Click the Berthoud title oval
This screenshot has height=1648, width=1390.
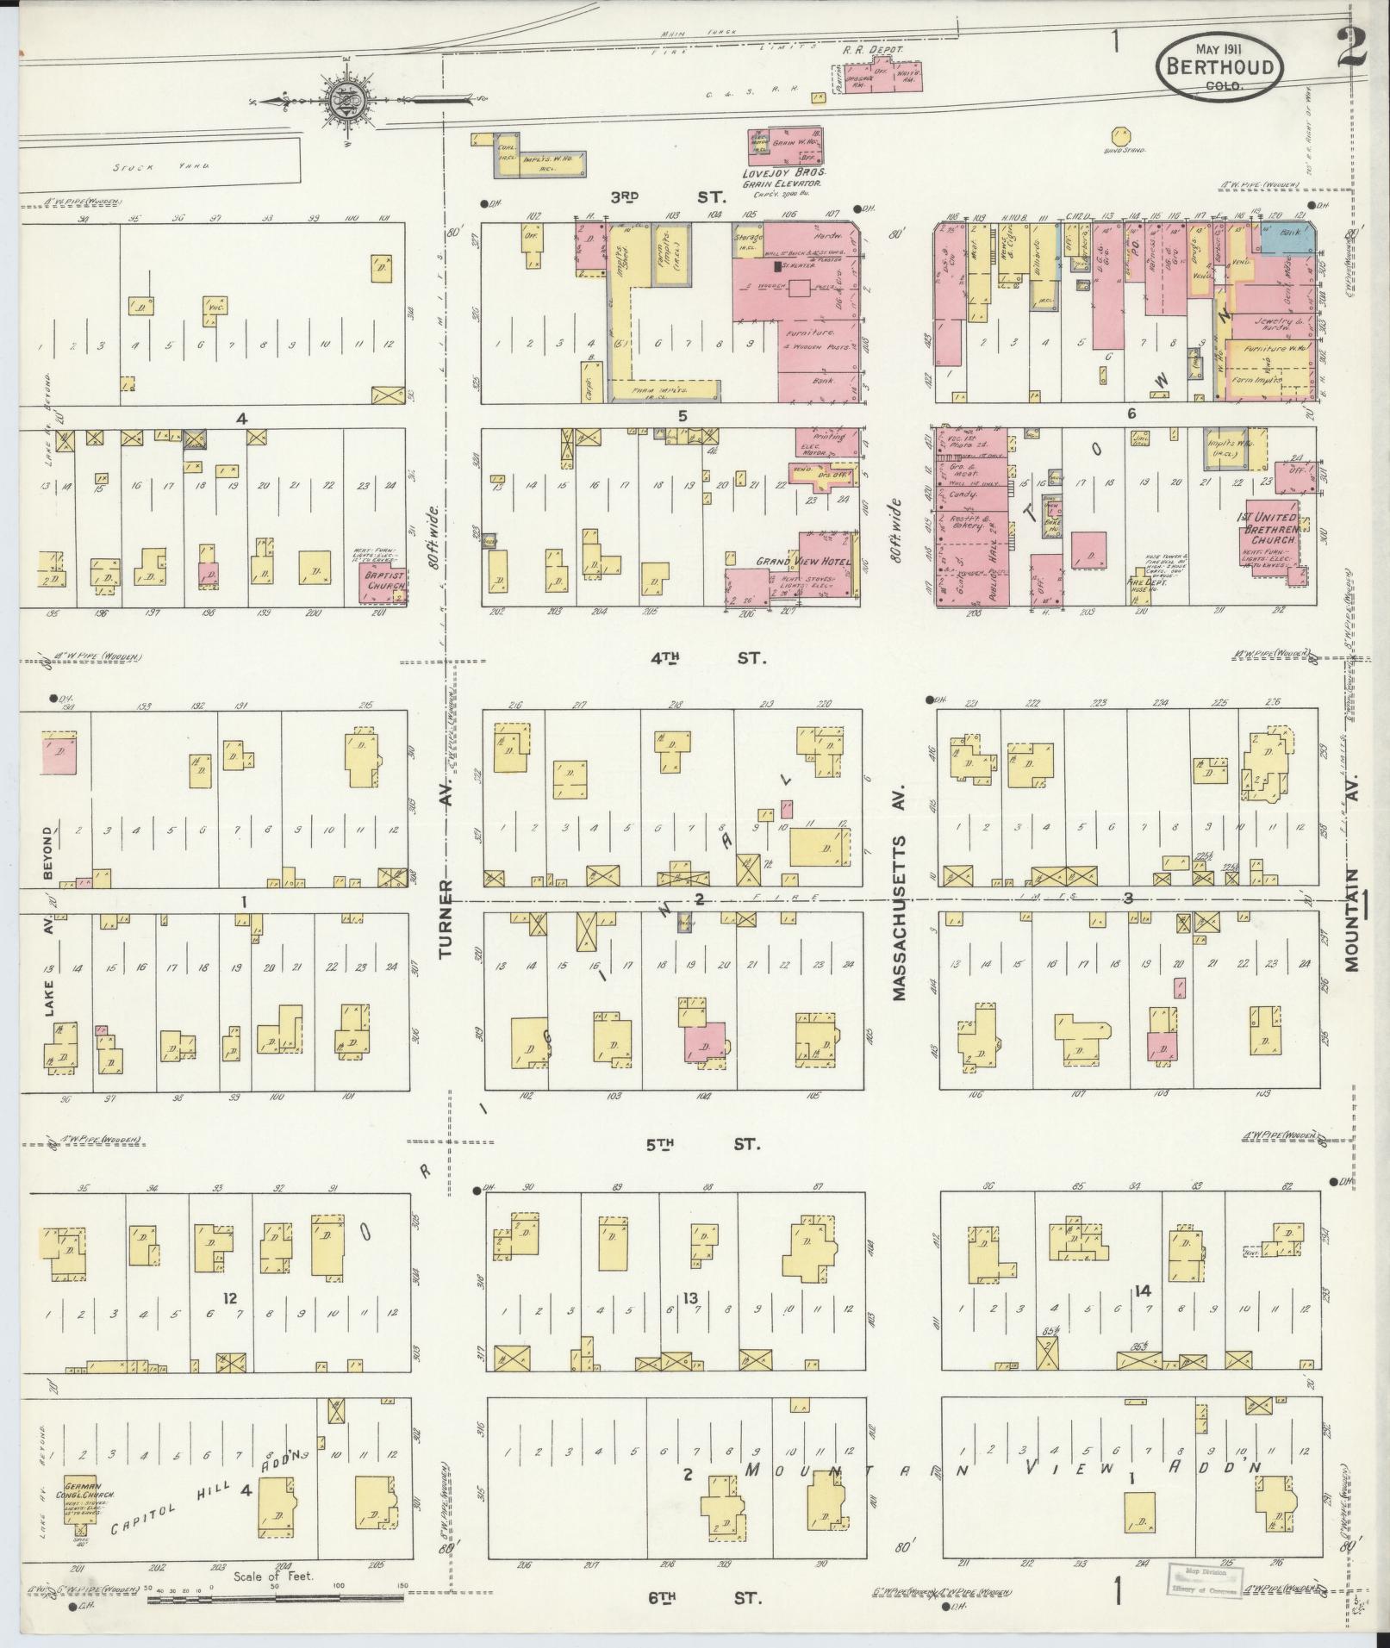(x=1219, y=68)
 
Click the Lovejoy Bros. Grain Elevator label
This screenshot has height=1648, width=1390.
(x=782, y=178)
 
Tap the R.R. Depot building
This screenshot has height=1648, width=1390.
(x=883, y=77)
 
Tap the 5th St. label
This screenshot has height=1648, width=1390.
(x=701, y=1144)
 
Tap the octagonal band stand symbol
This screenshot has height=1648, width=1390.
(x=1121, y=137)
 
